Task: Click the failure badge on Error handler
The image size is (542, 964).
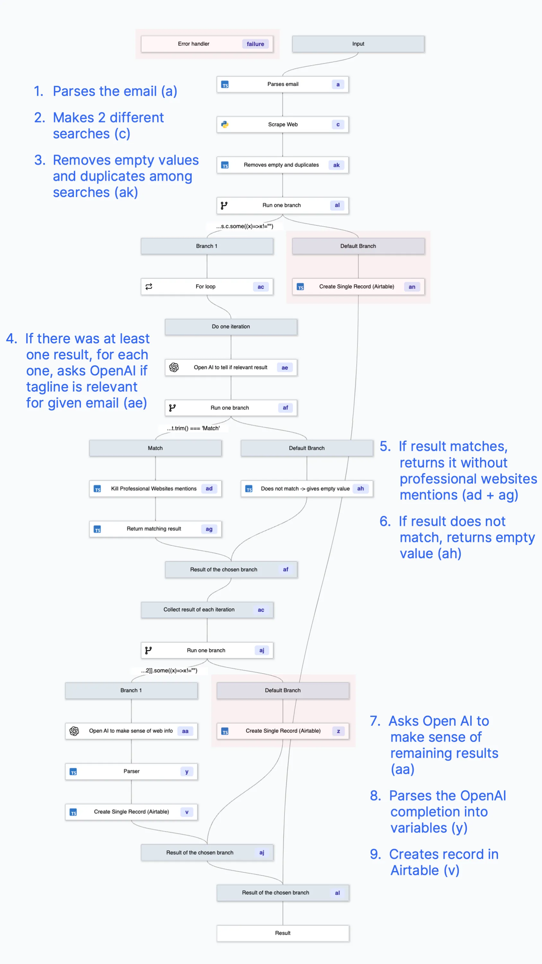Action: [255, 44]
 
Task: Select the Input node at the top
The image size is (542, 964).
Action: [358, 44]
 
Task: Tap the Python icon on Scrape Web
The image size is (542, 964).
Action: [225, 125]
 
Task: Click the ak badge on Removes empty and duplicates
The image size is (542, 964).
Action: [336, 165]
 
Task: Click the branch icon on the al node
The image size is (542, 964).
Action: [224, 205]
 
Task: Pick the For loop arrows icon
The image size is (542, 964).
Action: [149, 287]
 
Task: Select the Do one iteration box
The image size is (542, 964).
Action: [231, 327]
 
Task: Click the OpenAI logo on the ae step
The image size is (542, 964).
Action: [174, 368]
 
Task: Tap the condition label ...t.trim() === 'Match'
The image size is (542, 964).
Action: [193, 428]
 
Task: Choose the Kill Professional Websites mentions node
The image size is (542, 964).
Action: [154, 489]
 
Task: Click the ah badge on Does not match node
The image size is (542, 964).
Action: [360, 489]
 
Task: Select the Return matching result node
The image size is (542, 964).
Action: [154, 529]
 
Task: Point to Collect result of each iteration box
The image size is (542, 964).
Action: [199, 610]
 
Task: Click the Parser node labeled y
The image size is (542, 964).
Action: [131, 771]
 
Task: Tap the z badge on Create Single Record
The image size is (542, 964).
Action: [338, 731]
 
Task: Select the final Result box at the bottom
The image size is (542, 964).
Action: [283, 933]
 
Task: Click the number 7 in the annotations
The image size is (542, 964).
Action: [375, 721]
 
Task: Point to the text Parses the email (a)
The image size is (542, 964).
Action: [115, 91]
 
